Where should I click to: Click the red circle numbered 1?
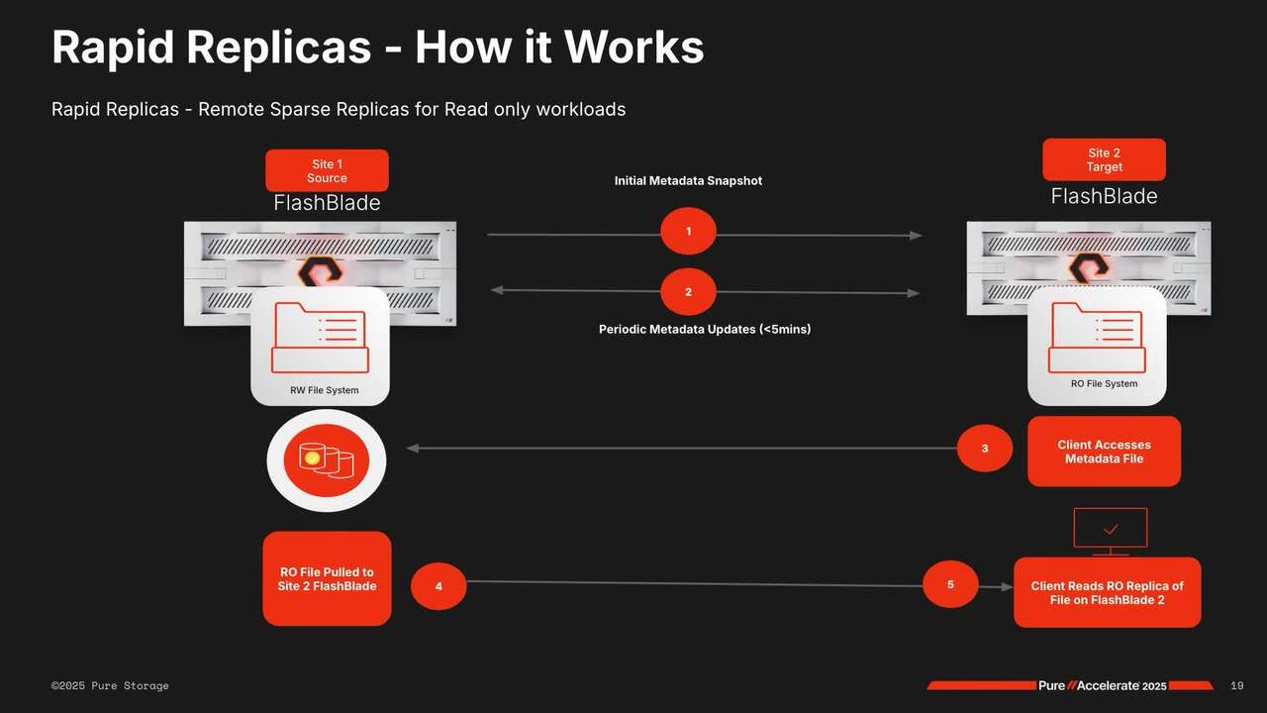coord(688,232)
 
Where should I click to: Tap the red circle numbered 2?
coord(688,292)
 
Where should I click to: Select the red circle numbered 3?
coord(984,449)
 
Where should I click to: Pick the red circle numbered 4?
coord(438,586)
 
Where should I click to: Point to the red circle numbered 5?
coord(949,584)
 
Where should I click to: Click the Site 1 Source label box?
coord(327,170)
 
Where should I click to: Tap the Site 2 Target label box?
coord(1104,159)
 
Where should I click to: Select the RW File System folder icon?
coord(319,338)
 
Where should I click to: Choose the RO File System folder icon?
coord(1096,337)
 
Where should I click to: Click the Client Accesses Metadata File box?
coord(1104,452)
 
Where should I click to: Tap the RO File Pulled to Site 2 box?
coord(327,578)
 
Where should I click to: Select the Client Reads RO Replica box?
coord(1107,592)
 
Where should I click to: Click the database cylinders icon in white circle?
coord(327,460)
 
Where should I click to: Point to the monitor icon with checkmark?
coord(1111,529)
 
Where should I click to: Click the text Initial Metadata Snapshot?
coord(688,181)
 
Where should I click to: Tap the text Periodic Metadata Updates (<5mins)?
coord(704,329)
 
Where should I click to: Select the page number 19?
coord(1236,685)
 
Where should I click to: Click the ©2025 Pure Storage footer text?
coord(110,685)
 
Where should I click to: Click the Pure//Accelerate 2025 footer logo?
coord(1102,685)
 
